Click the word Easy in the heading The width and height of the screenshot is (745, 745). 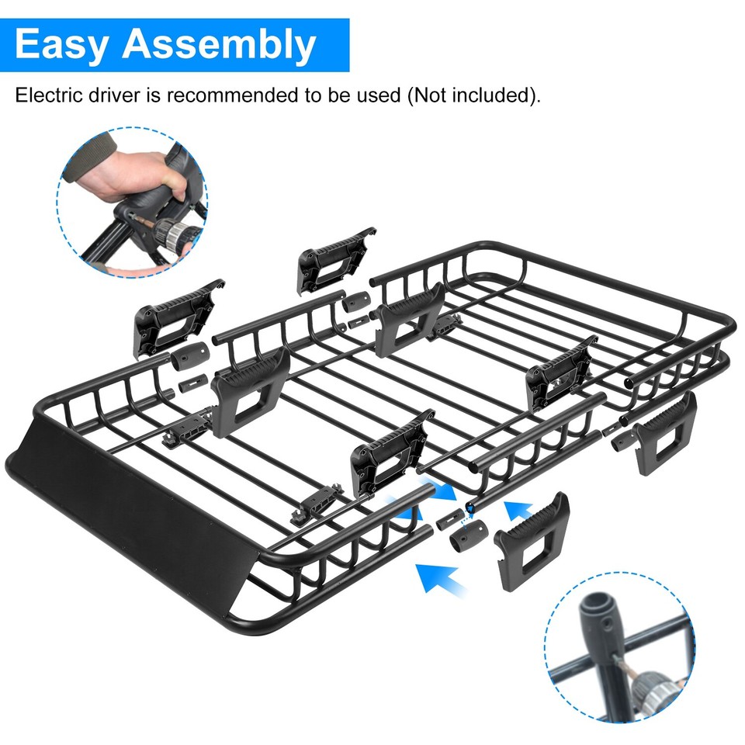61,44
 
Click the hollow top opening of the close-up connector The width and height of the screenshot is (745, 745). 598,602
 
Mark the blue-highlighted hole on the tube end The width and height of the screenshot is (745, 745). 470,507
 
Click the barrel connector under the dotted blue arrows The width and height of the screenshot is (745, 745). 471,533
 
